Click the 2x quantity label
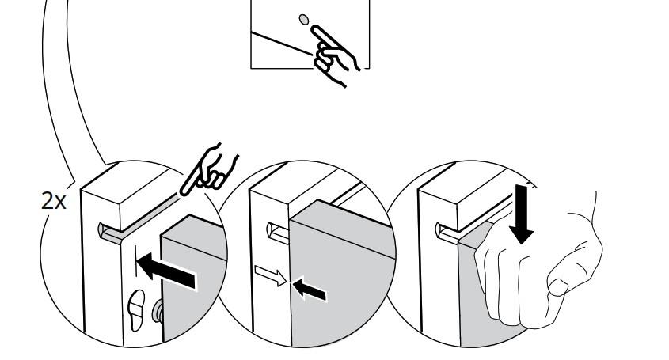[x=55, y=201]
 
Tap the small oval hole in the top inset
[x=302, y=17]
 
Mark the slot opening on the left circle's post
[x=103, y=232]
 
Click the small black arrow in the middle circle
[x=310, y=290]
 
